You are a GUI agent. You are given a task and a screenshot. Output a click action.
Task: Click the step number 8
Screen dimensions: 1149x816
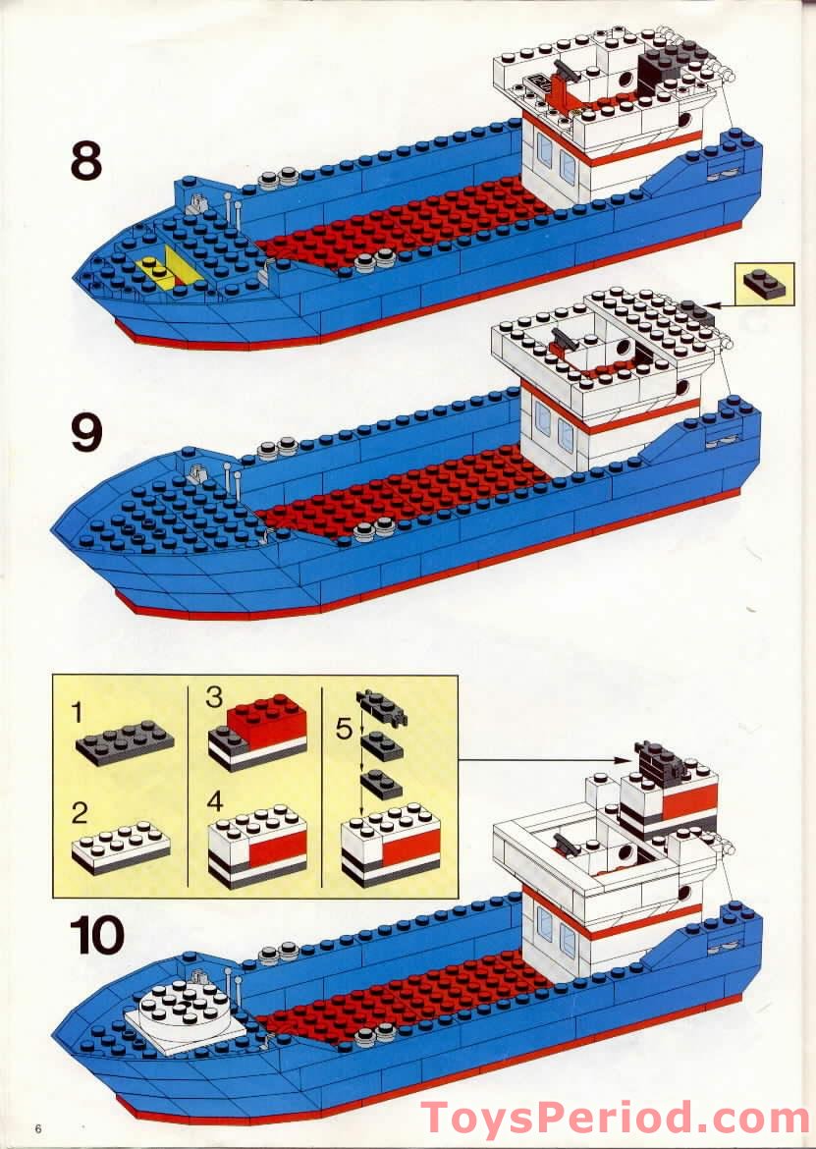[x=85, y=160]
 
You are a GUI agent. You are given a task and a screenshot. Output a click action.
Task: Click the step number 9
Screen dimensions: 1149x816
[x=85, y=432]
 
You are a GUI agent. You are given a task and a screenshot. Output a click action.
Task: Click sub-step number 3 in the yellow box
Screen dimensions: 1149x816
[x=214, y=698]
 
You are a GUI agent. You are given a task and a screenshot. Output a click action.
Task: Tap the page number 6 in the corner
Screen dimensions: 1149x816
[x=39, y=1126]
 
